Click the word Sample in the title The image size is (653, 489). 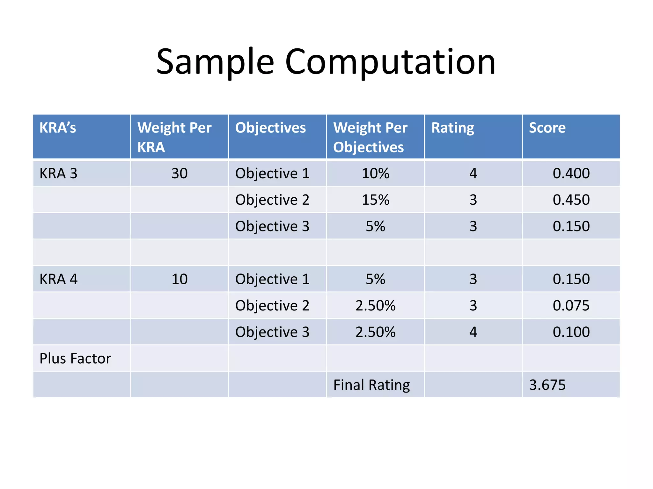(215, 62)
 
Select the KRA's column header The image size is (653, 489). (58, 128)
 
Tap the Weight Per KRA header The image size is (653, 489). (174, 137)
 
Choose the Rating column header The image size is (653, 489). (452, 128)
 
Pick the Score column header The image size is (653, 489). (547, 128)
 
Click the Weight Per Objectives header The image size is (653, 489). (370, 137)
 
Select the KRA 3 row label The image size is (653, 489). (58, 174)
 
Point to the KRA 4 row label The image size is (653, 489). (58, 279)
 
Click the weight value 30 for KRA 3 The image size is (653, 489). (180, 174)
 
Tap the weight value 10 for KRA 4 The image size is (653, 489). (180, 279)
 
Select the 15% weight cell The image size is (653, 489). (375, 200)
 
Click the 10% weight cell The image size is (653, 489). (375, 174)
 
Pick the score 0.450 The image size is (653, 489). (571, 200)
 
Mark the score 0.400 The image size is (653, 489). (571, 174)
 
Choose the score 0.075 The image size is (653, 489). (571, 306)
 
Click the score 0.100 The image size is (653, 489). (571, 332)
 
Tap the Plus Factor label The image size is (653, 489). (75, 358)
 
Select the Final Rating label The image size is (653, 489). (371, 385)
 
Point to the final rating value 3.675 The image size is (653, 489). (547, 385)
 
